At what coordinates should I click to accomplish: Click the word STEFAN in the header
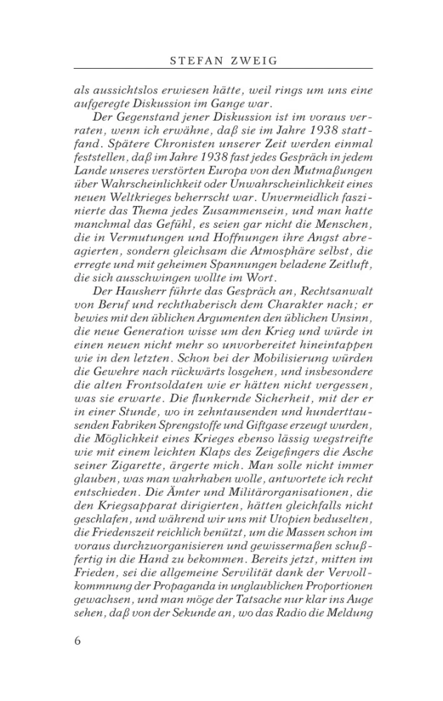[194, 61]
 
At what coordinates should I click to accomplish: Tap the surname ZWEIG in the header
[252, 61]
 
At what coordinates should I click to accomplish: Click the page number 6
[78, 641]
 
